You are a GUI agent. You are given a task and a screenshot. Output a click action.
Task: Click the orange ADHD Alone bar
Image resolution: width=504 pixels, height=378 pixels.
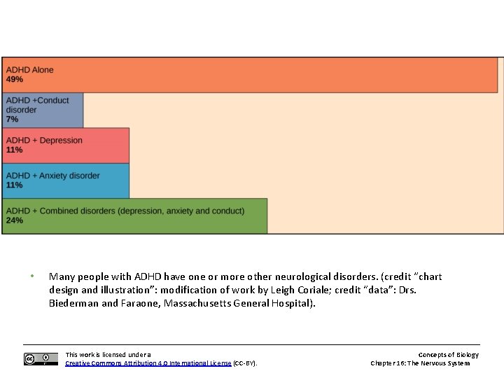click(x=280, y=75)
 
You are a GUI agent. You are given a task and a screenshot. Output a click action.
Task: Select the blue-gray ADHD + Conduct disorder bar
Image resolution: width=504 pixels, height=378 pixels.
click(x=43, y=110)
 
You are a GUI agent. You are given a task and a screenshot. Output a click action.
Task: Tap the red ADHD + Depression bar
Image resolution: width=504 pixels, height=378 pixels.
click(x=66, y=146)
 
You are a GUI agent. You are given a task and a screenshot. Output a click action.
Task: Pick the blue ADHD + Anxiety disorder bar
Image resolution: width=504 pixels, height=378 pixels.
click(x=66, y=181)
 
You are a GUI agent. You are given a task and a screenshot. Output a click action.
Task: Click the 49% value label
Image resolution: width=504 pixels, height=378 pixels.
click(x=15, y=80)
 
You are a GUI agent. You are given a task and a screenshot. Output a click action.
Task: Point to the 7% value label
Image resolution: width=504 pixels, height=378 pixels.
click(x=13, y=120)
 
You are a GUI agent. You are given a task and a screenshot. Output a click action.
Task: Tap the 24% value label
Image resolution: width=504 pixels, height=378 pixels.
click(x=15, y=220)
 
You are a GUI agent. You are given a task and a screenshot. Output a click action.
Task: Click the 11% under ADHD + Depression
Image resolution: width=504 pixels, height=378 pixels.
click(x=15, y=150)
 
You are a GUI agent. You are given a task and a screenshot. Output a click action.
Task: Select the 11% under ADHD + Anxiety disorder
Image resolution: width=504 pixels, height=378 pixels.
click(x=15, y=185)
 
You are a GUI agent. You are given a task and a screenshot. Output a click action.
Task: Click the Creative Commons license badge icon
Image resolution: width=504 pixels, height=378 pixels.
click(x=41, y=359)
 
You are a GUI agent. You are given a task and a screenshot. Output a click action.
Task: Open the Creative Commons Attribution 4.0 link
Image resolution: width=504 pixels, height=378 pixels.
click(x=148, y=363)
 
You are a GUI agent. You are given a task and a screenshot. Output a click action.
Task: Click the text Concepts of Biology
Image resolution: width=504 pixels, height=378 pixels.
click(x=449, y=355)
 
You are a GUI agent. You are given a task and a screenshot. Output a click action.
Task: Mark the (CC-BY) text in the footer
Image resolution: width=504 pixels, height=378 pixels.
click(x=245, y=363)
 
